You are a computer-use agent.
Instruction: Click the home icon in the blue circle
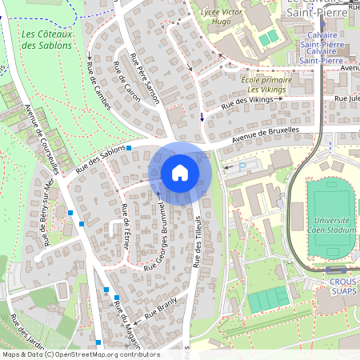click(x=180, y=172)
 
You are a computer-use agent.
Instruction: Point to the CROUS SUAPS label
click(x=344, y=287)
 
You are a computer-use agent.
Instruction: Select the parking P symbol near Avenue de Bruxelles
click(x=231, y=168)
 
